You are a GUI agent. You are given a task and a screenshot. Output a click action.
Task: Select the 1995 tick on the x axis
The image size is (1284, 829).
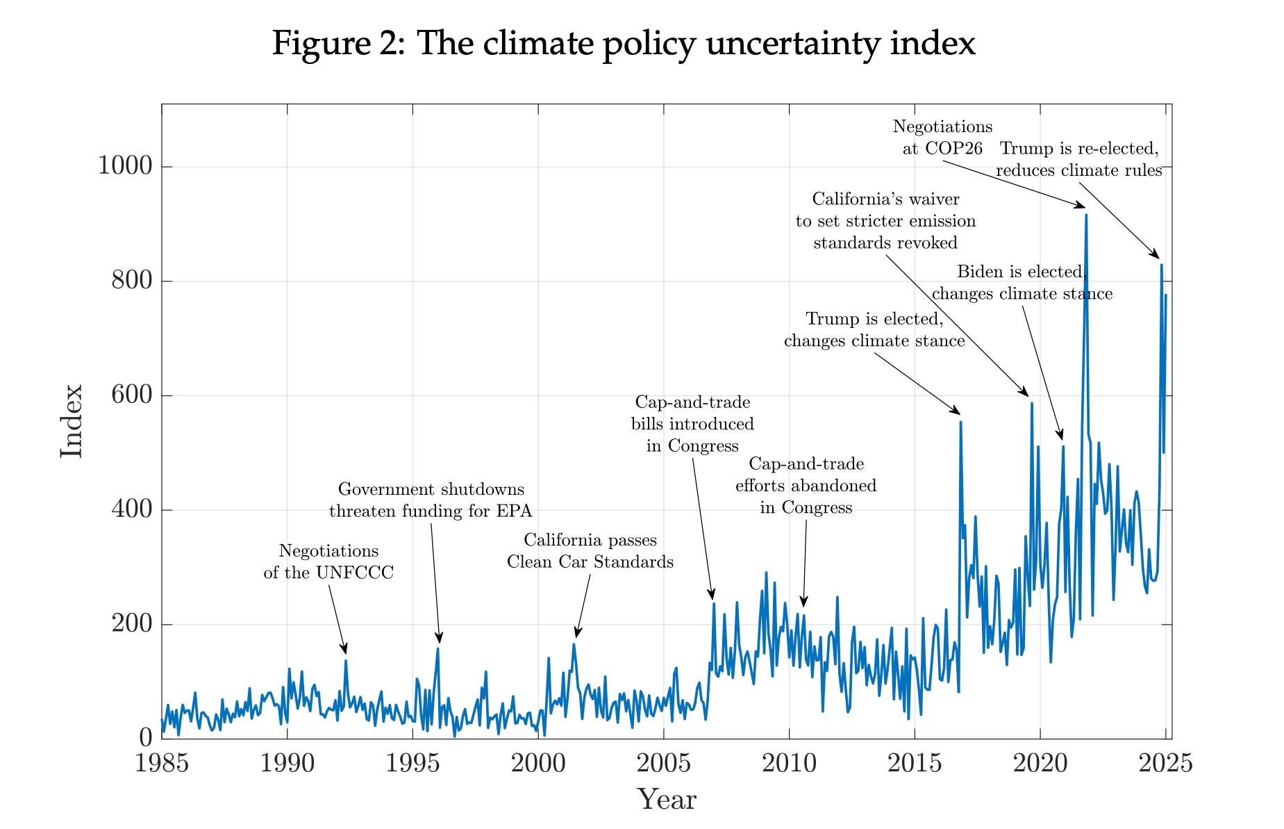point(413,763)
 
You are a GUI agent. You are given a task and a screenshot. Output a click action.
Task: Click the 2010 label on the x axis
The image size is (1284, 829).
point(789,763)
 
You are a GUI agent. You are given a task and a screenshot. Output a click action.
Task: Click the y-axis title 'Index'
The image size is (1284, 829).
point(72,421)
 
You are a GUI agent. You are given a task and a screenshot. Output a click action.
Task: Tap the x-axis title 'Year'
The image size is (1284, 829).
point(666,799)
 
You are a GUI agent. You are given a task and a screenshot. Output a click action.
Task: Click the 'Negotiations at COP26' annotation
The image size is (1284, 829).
point(942,138)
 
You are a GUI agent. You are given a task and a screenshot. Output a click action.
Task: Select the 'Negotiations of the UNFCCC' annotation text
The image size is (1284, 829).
point(328,561)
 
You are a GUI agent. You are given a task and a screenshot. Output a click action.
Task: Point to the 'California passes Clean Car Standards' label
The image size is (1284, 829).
point(590,550)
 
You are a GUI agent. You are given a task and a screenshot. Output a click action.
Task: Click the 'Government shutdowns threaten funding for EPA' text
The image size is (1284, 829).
point(431,500)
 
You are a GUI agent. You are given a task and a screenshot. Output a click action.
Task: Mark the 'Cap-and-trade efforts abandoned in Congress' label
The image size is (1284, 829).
point(806,485)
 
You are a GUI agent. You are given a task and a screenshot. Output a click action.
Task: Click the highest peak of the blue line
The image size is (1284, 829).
point(1086,215)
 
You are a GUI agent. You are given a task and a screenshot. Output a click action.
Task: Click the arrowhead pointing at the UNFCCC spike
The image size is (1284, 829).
point(344,650)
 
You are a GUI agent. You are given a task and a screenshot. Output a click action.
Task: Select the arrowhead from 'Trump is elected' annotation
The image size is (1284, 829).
point(956,411)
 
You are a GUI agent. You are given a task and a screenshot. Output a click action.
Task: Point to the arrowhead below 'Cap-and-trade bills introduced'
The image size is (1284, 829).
point(712,595)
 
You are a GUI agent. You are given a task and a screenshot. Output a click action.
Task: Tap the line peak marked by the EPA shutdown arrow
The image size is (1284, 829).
point(438,648)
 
